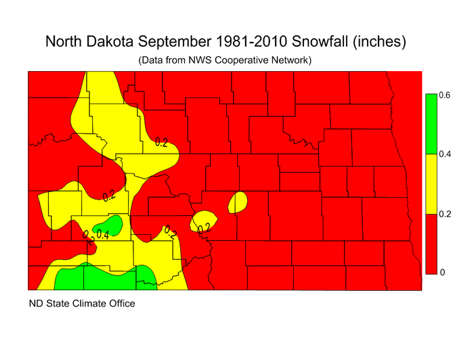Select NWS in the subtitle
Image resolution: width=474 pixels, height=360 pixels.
coord(202,60)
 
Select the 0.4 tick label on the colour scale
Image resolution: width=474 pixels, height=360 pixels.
coord(444,154)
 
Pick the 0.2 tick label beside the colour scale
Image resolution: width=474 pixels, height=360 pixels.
coord(444,214)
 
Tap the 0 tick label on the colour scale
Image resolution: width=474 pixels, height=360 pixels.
coord(441,273)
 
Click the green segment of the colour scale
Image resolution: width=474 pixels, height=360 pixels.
coord(430,124)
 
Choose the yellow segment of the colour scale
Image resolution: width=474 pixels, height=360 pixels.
coord(430,183)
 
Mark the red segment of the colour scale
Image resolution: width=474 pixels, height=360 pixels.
coord(430,243)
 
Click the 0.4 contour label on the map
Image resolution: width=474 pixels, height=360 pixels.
coord(103,235)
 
